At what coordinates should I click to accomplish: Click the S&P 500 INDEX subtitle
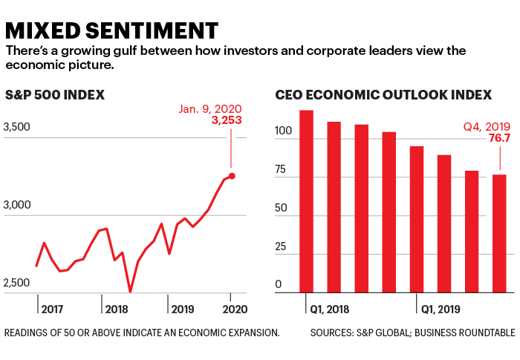[x=54, y=95]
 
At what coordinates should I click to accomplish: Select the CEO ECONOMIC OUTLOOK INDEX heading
[x=383, y=95]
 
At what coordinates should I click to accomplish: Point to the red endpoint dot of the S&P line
[x=232, y=176]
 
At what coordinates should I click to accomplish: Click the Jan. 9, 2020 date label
[x=210, y=108]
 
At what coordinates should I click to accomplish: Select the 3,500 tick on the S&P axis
[x=17, y=128]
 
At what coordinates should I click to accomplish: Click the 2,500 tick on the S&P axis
[x=17, y=284]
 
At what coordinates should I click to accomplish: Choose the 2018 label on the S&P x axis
[x=117, y=308]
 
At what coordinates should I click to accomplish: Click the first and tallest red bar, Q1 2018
[x=305, y=201]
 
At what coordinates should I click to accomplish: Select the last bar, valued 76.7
[x=499, y=233]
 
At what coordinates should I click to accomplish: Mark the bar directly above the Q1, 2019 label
[x=416, y=219]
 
